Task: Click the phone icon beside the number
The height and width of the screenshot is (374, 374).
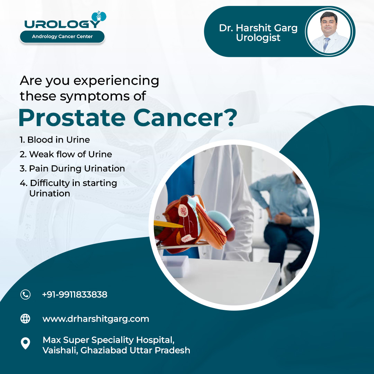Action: tap(25, 295)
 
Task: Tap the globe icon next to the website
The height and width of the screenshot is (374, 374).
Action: tap(25, 319)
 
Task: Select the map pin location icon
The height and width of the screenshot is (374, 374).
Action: tap(25, 344)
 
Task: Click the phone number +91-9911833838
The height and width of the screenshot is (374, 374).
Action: tap(75, 295)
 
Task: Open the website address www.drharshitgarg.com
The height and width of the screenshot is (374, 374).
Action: tap(96, 319)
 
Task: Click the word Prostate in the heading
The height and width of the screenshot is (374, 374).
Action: tap(72, 118)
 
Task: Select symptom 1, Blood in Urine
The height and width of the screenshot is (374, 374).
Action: tap(55, 140)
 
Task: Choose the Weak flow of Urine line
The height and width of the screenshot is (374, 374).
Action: tap(66, 154)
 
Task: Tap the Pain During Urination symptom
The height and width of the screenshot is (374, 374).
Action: tap(72, 169)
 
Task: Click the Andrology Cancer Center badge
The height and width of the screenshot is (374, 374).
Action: tap(62, 37)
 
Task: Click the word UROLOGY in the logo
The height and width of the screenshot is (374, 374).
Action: tap(62, 24)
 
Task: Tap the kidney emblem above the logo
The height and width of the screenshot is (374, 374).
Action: tap(99, 17)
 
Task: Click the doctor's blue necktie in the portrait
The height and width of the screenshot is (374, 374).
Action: tap(326, 44)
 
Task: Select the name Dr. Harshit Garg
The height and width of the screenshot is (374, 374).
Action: tap(258, 28)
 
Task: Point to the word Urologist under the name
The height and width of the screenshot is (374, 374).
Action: tap(258, 38)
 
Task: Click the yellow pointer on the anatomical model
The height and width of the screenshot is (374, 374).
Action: tap(168, 224)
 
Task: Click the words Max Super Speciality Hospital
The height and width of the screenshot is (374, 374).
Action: tap(108, 340)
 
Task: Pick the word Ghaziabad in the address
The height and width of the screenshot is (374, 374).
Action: tap(104, 350)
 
